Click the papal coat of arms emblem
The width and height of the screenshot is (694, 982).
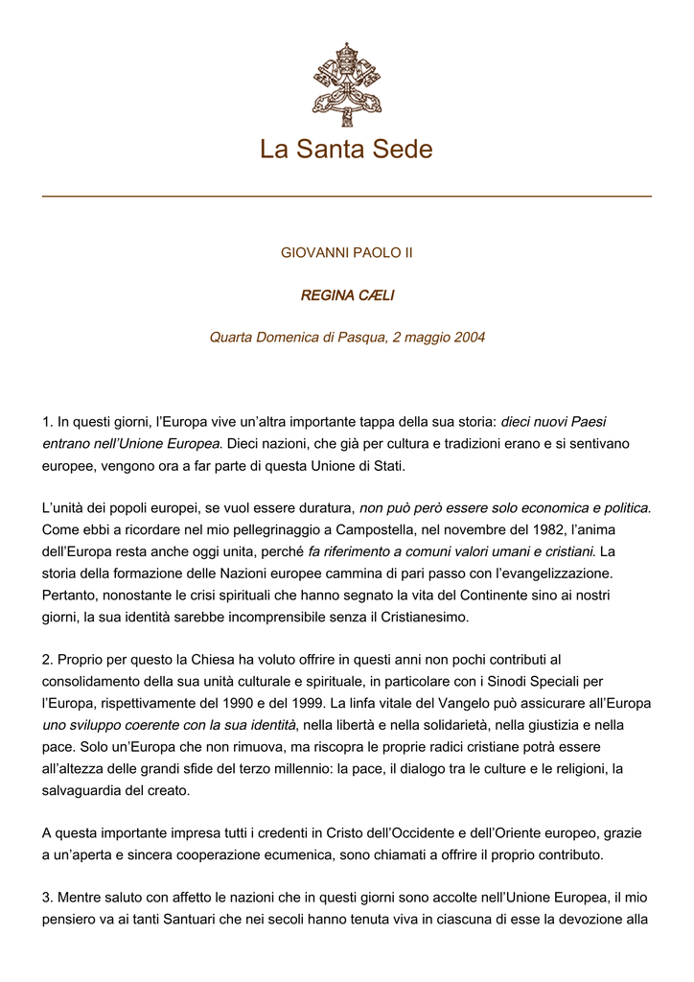point(346,84)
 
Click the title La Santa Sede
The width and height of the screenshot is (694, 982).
point(346,150)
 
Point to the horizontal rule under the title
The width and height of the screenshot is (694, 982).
point(346,197)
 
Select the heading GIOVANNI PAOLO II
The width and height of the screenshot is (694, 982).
point(346,253)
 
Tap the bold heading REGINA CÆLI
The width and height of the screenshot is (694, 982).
point(347,295)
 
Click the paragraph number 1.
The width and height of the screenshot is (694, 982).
point(47,422)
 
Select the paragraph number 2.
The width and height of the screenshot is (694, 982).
point(47,660)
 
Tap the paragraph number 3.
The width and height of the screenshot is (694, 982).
point(47,898)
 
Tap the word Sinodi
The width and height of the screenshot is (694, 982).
point(497,682)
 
